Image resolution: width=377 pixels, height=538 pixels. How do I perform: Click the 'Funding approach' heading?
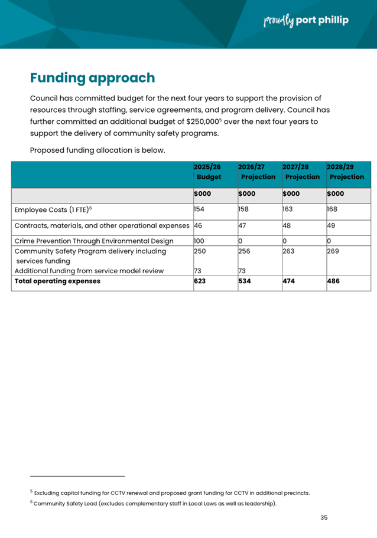click(93, 78)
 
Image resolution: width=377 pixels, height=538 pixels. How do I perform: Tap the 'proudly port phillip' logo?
click(305, 21)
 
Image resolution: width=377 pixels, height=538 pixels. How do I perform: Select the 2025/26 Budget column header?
click(209, 172)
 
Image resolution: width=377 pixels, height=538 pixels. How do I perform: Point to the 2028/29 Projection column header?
click(346, 172)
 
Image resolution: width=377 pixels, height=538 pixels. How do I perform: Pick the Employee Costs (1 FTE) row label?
click(54, 209)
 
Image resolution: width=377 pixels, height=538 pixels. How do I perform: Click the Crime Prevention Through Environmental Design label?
click(94, 241)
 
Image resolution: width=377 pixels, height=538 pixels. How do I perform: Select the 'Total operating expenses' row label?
click(57, 281)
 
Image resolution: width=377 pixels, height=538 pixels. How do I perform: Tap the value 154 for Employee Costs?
click(199, 209)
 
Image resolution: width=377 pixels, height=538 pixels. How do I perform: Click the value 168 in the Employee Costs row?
click(332, 209)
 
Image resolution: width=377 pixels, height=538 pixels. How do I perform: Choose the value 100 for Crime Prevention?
click(200, 241)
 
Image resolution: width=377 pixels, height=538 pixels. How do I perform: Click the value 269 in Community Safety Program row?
click(333, 251)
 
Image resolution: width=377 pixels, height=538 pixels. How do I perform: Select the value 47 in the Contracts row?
click(242, 225)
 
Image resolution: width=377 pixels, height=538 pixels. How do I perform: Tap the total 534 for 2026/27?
click(244, 281)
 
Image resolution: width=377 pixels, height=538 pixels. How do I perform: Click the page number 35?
click(324, 517)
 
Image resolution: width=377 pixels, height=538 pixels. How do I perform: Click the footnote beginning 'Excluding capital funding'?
click(171, 493)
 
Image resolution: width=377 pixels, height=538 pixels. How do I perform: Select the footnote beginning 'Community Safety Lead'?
click(155, 504)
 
